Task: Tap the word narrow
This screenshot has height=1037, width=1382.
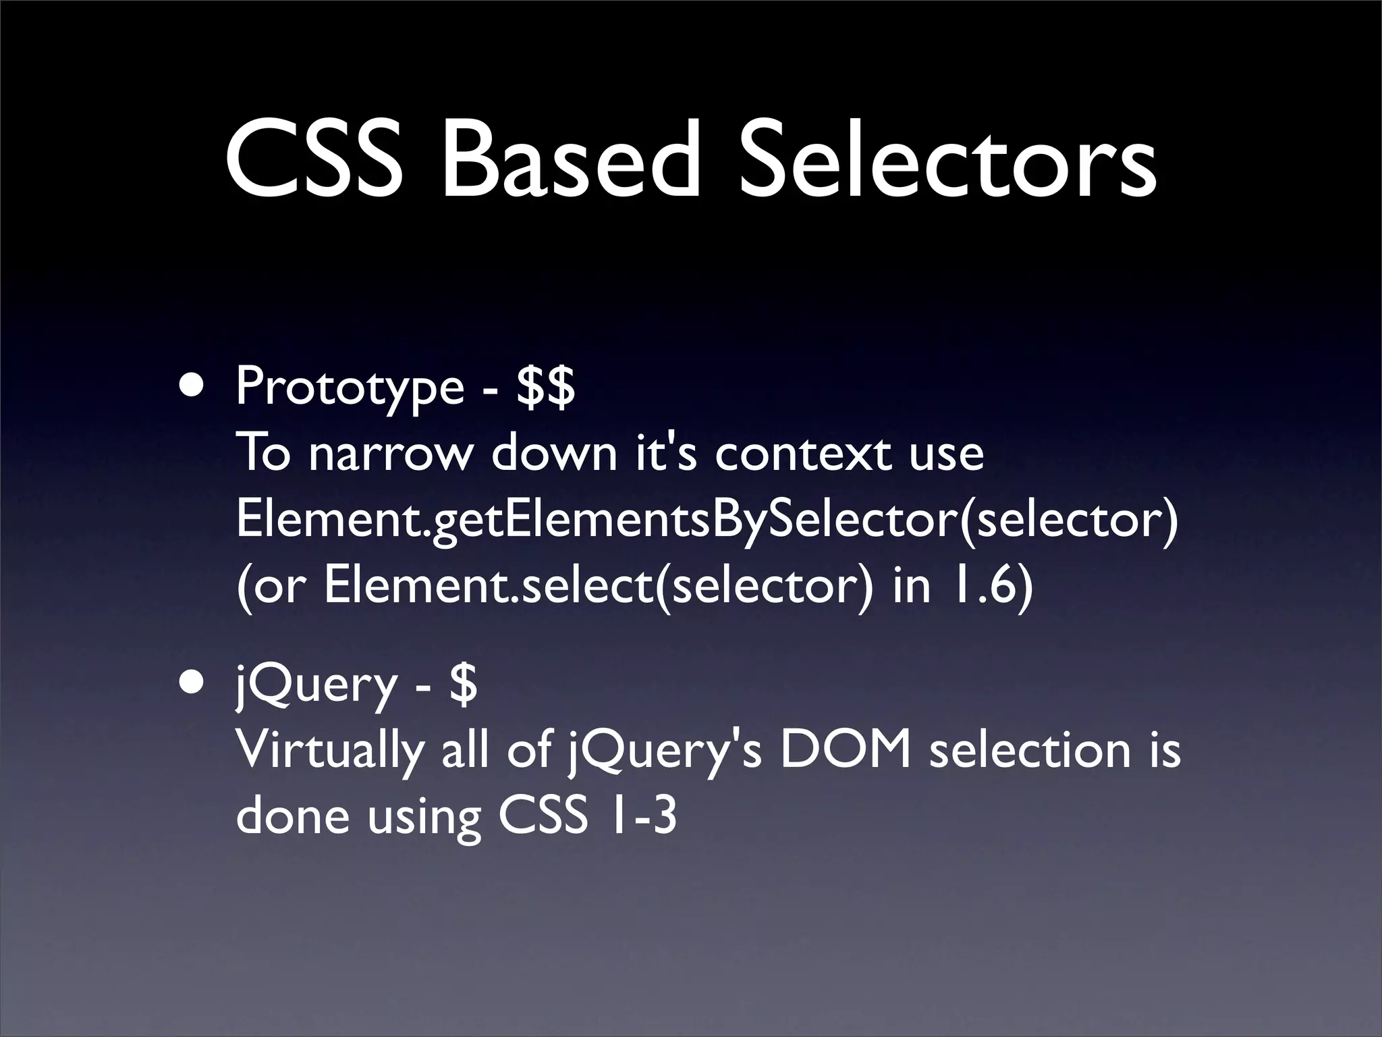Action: [391, 454]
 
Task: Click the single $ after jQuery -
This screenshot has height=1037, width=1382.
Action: [464, 684]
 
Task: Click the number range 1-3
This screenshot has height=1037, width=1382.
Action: [640, 816]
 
